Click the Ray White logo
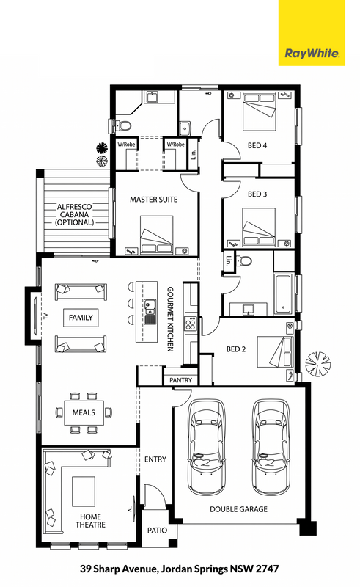tap(312, 33)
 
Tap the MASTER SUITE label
tap(153, 200)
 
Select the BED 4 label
tap(257, 145)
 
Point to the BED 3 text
tap(257, 194)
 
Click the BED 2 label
tap(236, 349)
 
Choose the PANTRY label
tap(181, 380)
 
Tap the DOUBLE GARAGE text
tap(238, 509)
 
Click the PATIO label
tap(157, 530)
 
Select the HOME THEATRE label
tap(90, 521)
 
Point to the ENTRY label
tap(155, 459)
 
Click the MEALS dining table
tap(84, 412)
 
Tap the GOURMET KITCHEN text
tap(170, 319)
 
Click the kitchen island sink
tap(150, 311)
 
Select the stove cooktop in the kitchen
tap(191, 323)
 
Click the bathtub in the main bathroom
tap(283, 294)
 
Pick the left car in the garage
tap(207, 447)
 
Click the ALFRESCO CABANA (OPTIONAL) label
tap(75, 214)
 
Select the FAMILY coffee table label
tap(81, 318)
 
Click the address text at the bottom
tap(179, 569)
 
